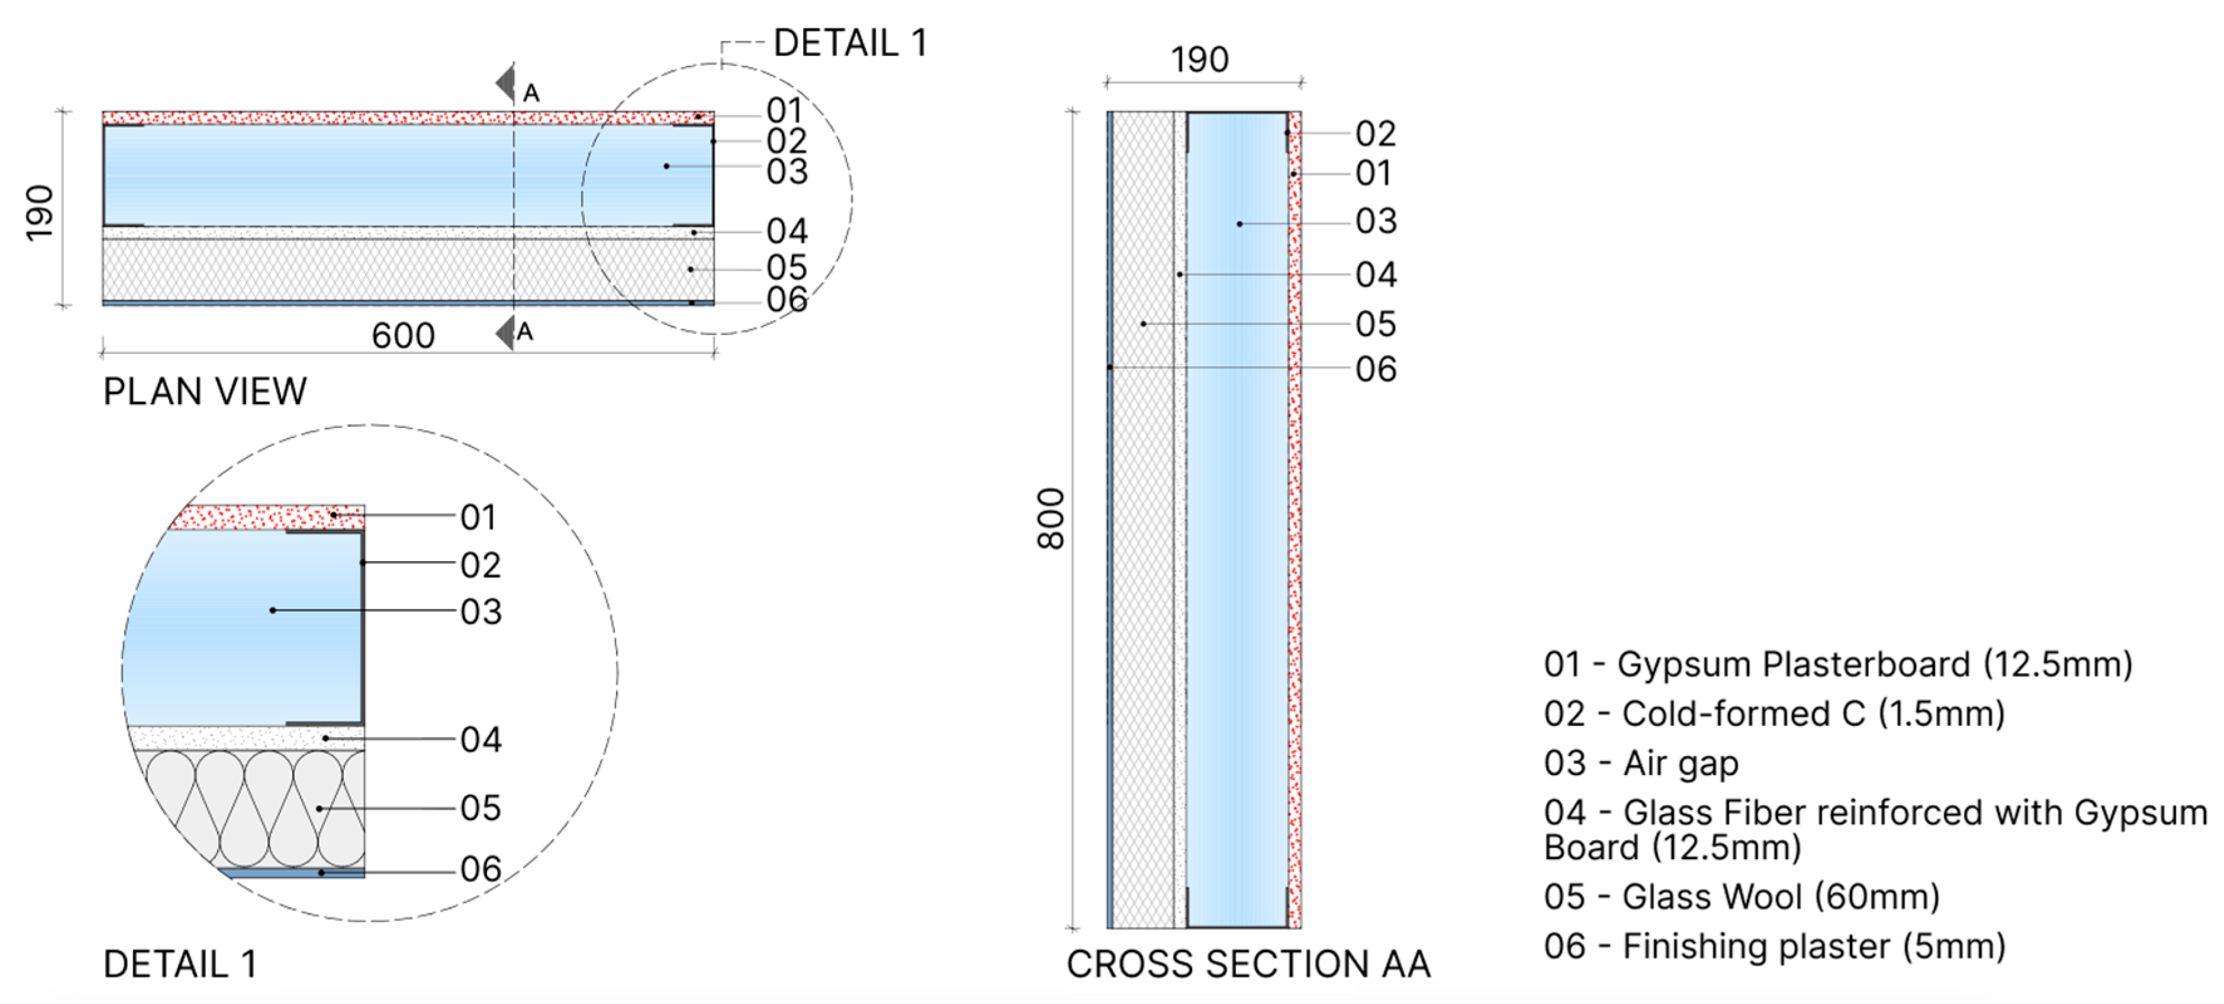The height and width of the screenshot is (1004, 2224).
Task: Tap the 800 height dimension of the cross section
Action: point(1051,519)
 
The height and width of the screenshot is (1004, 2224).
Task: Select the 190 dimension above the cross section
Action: point(1199,60)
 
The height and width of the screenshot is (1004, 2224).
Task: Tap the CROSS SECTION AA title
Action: point(1248,963)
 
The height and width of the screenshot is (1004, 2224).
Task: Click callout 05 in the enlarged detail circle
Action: point(480,808)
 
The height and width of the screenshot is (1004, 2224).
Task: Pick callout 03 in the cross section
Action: point(1375,221)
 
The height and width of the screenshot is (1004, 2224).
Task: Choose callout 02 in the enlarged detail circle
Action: point(480,565)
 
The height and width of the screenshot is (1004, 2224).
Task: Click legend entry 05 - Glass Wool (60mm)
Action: point(1742,897)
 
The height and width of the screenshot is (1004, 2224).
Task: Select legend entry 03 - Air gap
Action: point(1641,763)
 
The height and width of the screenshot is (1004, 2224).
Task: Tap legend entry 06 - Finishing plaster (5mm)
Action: point(1774,946)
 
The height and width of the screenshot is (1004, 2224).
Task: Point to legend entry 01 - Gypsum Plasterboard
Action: point(1837,664)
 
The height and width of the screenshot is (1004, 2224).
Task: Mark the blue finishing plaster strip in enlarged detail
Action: point(294,873)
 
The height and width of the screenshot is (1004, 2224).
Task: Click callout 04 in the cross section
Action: point(1375,274)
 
